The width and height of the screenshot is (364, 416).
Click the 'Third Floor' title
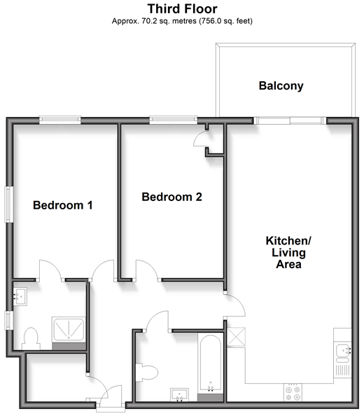tap(182, 9)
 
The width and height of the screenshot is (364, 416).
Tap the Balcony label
tap(281, 86)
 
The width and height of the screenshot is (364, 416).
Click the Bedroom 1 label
tap(62, 205)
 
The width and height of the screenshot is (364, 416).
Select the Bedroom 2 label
tap(171, 197)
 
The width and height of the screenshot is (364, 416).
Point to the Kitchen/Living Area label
tap(288, 252)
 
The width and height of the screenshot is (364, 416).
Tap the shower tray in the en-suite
tap(69, 329)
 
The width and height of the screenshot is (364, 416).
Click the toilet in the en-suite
tap(31, 339)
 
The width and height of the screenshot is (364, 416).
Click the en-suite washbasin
tap(20, 296)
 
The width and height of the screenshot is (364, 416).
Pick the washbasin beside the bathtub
tap(179, 394)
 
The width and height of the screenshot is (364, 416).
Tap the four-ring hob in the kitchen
tap(293, 392)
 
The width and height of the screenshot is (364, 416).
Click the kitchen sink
tap(342, 353)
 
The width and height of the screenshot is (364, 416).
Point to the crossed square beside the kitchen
tap(237, 337)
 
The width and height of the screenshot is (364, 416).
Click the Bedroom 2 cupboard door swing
tap(201, 138)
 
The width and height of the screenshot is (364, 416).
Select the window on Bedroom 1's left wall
tap(9, 204)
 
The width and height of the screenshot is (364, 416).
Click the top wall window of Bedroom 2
tap(174, 120)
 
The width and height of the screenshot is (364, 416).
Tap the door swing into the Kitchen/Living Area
tap(235, 305)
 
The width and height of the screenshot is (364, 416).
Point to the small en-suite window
tap(9, 320)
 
